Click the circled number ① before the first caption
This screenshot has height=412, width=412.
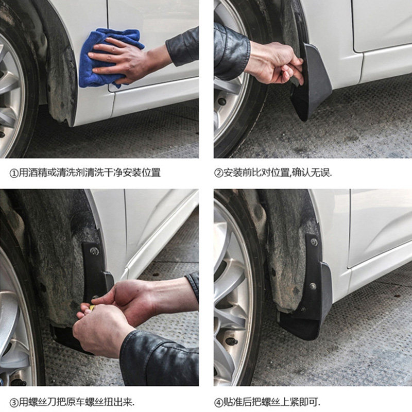tap(13, 174)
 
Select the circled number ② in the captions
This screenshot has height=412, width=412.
tap(218, 173)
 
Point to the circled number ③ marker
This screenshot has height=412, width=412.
tap(13, 403)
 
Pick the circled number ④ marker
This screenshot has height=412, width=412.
tap(218, 403)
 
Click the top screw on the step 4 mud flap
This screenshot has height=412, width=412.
tap(314, 242)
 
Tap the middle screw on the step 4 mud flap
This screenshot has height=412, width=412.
tap(313, 286)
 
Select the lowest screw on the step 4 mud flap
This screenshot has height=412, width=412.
tap(303, 310)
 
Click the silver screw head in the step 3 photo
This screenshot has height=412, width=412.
tap(95, 251)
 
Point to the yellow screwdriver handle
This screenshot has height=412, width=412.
tap(92, 307)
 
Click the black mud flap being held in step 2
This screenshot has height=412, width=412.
tap(312, 84)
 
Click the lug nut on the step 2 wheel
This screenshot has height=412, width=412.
tap(222, 101)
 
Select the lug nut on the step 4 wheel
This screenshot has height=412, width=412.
tap(232, 341)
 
